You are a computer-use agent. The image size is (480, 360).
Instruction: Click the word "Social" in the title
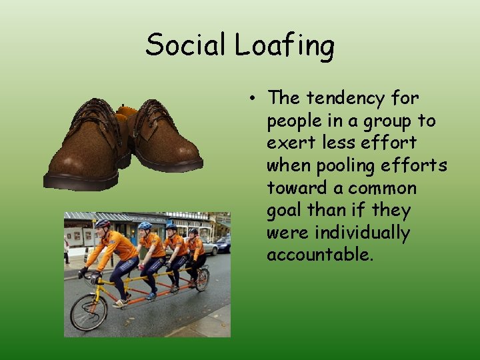pyautogui.click(x=187, y=45)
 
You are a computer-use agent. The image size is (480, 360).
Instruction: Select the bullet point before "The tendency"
pyautogui.click(x=255, y=99)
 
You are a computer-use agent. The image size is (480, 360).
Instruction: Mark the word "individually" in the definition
pyautogui.click(x=362, y=233)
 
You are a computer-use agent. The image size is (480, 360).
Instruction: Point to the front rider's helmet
pyautogui.click(x=102, y=224)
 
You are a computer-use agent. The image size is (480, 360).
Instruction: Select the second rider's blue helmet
pyautogui.click(x=145, y=226)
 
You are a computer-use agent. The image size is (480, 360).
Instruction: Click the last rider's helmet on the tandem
pyautogui.click(x=193, y=231)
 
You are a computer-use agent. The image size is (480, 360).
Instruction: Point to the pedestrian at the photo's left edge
pyautogui.click(x=67, y=249)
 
